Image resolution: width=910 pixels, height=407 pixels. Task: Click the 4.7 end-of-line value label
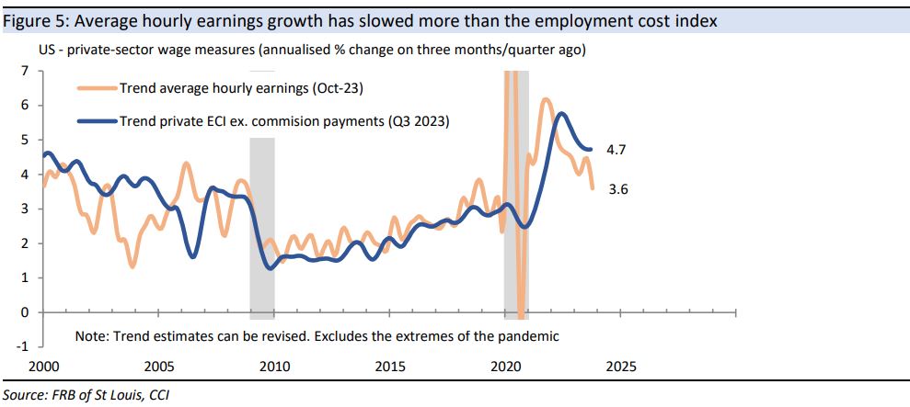pos(619,149)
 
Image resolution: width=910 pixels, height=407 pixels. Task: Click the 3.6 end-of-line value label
pos(619,190)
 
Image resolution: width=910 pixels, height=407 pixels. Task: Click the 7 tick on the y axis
pos(25,71)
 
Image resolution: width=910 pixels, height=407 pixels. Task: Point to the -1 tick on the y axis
pos(23,347)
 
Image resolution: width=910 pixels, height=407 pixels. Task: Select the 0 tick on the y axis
pos(25,312)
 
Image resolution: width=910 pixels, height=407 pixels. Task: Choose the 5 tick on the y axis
pos(25,140)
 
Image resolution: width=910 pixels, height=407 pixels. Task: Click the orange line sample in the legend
pos(96,89)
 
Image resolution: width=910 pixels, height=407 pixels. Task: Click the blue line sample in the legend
pos(96,120)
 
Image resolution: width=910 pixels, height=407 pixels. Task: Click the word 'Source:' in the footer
pos(27,395)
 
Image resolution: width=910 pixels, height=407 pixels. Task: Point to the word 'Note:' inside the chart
pos(93,336)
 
